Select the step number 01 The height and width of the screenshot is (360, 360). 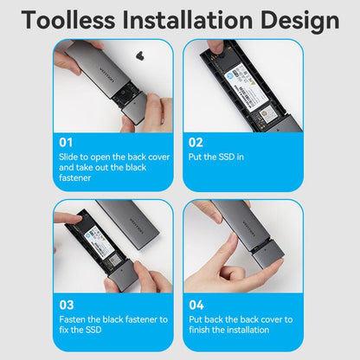(x=65, y=142)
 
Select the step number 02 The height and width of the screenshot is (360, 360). (x=195, y=142)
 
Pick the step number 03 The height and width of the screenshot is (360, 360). (x=65, y=305)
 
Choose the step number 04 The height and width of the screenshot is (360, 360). (x=195, y=305)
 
